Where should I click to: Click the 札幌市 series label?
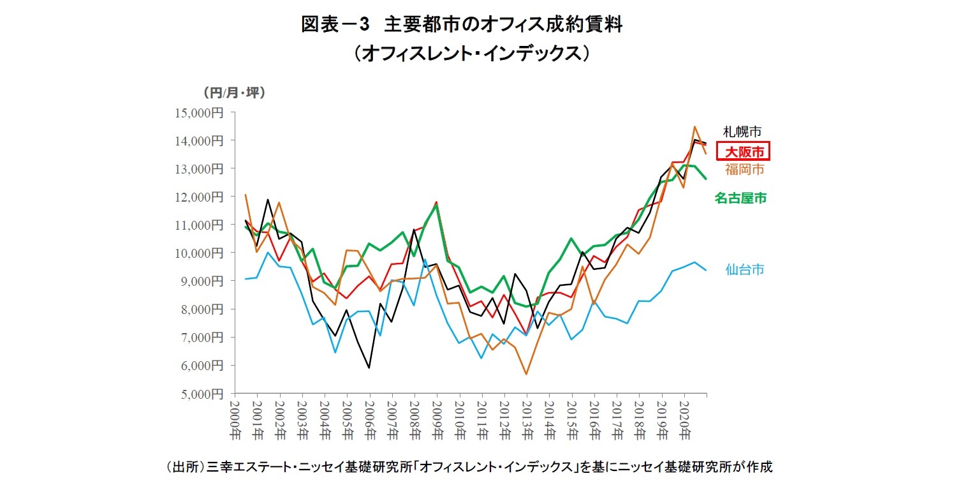tap(742, 131)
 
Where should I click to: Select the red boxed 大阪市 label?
tap(744, 152)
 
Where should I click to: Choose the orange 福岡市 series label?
tap(744, 170)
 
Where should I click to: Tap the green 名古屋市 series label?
tap(740, 198)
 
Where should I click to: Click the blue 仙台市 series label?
tap(744, 269)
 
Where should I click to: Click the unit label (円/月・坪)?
tap(234, 93)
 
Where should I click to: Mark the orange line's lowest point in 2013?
tap(526, 374)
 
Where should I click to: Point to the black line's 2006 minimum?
tap(369, 368)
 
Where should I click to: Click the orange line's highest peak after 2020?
tap(694, 127)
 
